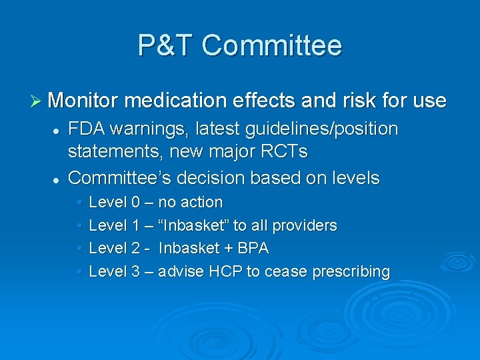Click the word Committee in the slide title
tap(271, 45)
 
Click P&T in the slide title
tap(165, 45)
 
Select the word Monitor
tap(83, 101)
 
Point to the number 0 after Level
tap(136, 202)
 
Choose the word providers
tap(303, 225)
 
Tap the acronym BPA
tap(253, 249)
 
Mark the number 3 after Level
tap(136, 272)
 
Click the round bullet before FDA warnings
tap(57, 129)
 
